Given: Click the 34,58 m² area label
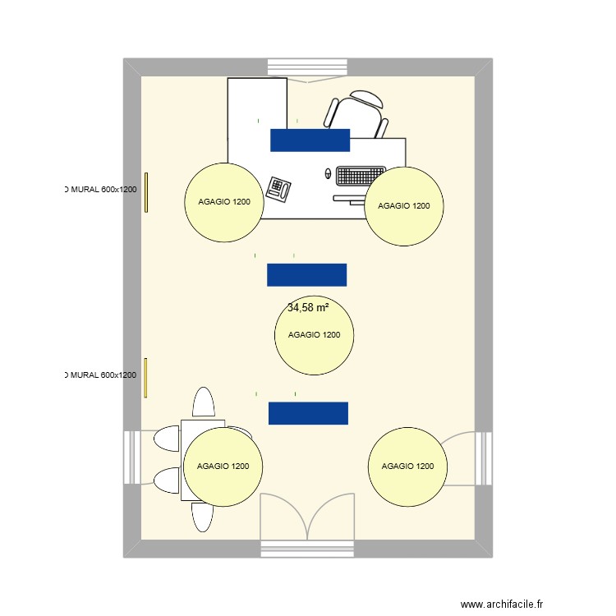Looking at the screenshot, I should [308, 308].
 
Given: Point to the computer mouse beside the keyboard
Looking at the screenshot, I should [329, 174].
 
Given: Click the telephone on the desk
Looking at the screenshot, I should [280, 189].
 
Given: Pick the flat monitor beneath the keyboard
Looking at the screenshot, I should [350, 198].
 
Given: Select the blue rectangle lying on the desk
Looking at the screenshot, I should [310, 140].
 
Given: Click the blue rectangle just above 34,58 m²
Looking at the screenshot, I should [306, 274].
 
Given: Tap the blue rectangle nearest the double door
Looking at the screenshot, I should [308, 413].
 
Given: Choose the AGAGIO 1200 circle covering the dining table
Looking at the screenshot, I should [223, 466].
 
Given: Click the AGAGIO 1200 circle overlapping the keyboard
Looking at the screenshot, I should [404, 206].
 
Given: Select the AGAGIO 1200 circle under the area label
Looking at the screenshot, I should [314, 335].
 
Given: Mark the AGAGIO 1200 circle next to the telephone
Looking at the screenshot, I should [223, 202].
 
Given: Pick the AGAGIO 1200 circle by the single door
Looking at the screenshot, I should [407, 467].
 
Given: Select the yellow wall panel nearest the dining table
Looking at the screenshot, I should [146, 378].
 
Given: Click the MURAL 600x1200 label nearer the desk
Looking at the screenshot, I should [100, 190].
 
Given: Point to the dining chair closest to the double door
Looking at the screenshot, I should [203, 516].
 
